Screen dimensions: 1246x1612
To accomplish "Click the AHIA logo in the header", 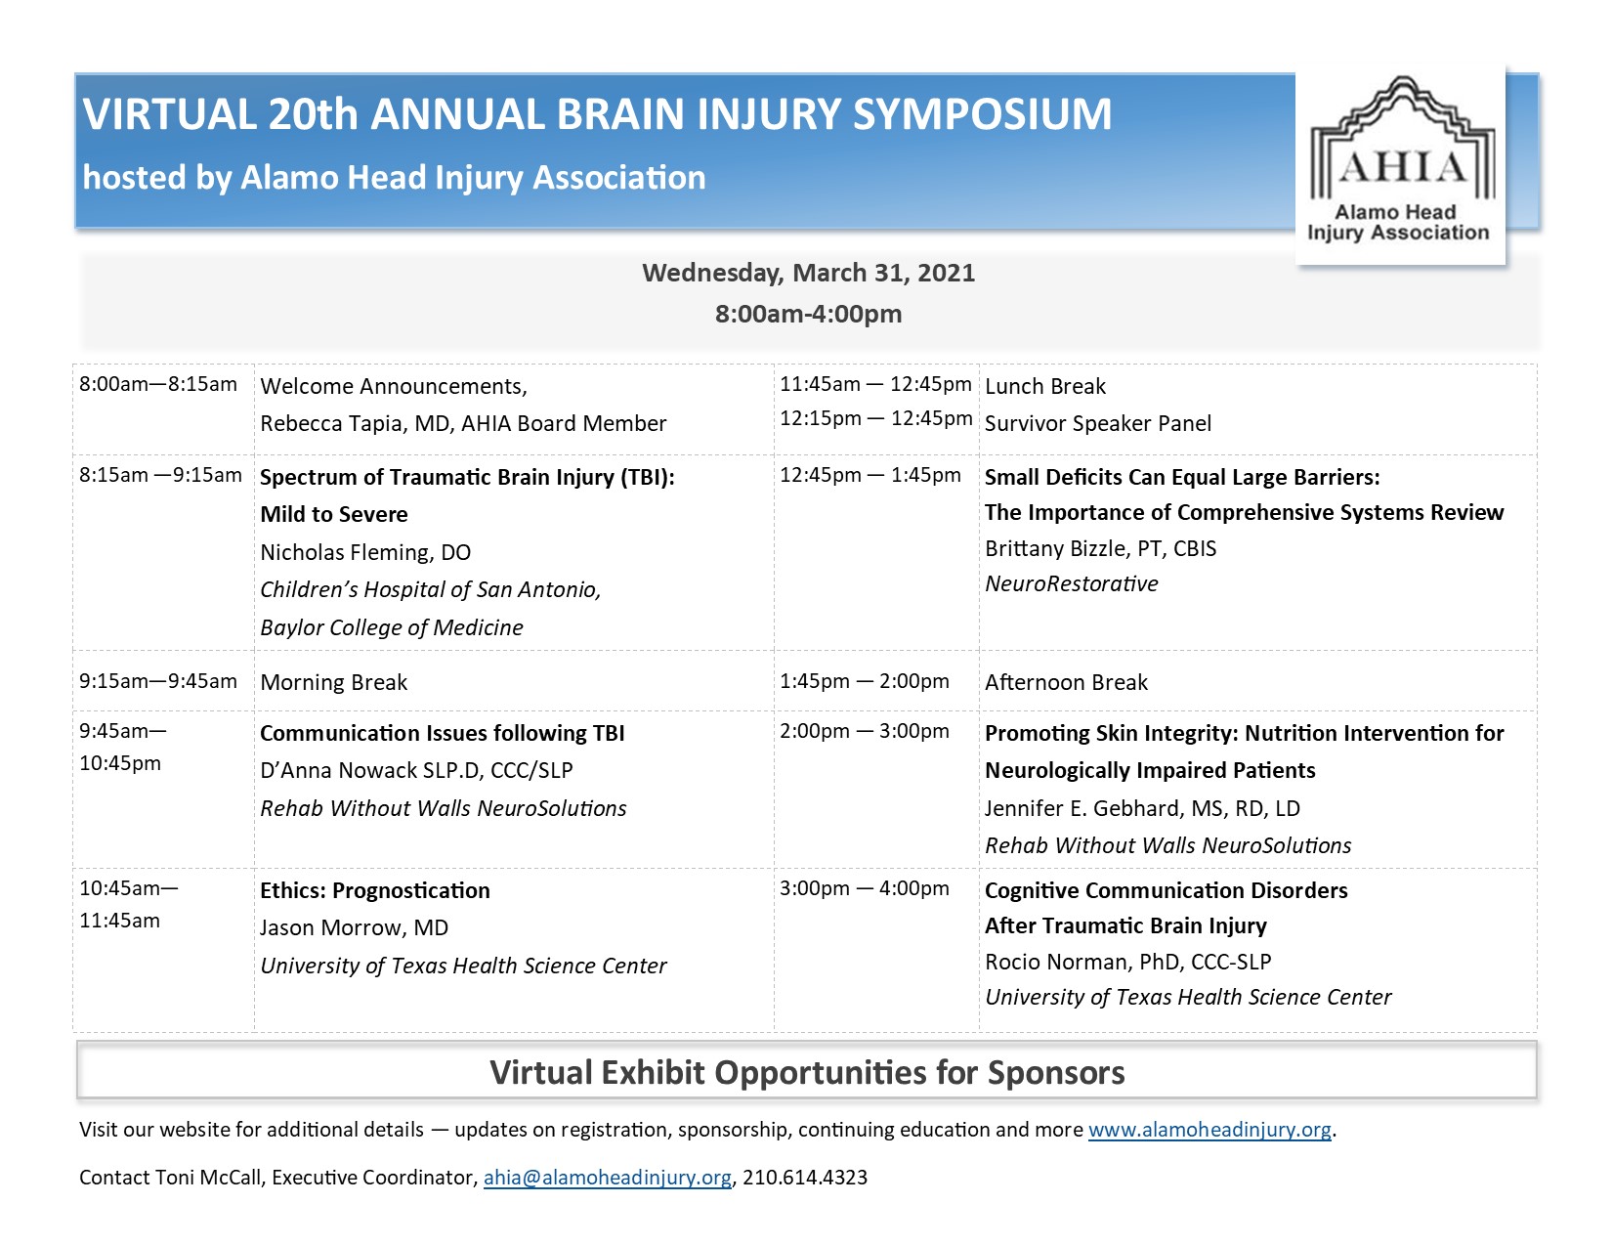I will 1401,164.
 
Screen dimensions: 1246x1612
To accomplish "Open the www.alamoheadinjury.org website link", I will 1209,1130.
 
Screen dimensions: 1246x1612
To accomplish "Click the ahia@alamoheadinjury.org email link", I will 607,1178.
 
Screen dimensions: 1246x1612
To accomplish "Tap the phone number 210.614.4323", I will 805,1178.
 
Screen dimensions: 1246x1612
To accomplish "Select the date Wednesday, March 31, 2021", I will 808,273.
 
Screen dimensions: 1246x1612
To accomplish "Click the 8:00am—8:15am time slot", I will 158,384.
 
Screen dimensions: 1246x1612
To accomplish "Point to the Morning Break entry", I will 333,682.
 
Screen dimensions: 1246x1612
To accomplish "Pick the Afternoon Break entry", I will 1066,682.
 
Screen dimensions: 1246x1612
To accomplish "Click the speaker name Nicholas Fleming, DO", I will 365,552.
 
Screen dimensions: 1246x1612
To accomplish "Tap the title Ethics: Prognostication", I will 375,890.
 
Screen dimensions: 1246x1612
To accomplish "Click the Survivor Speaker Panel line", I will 1097,423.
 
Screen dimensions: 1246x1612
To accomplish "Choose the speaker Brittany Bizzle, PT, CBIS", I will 1100,548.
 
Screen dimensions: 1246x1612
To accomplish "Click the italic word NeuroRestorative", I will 1071,583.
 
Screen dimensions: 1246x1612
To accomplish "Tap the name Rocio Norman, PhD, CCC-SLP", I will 1127,962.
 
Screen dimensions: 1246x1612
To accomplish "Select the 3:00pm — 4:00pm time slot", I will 864,888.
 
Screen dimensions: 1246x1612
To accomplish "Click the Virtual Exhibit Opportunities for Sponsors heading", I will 807,1072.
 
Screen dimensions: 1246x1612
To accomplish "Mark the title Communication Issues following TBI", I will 442,733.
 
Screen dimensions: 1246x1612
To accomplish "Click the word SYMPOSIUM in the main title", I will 982,114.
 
